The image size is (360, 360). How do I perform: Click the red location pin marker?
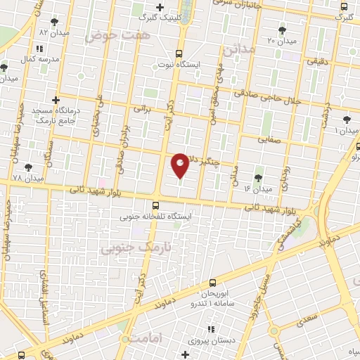point(180,165)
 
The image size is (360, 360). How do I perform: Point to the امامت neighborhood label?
point(146,338)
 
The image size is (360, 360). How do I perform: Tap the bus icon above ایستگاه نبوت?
point(179,53)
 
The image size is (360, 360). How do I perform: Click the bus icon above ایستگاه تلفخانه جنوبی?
point(156,205)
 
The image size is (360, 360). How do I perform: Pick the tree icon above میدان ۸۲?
point(55,22)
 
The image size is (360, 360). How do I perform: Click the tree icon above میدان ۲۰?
point(283,30)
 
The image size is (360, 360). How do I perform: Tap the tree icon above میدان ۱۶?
point(257,178)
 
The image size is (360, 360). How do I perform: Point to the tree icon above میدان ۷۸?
point(28,167)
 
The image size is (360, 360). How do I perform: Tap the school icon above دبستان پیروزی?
point(211,329)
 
